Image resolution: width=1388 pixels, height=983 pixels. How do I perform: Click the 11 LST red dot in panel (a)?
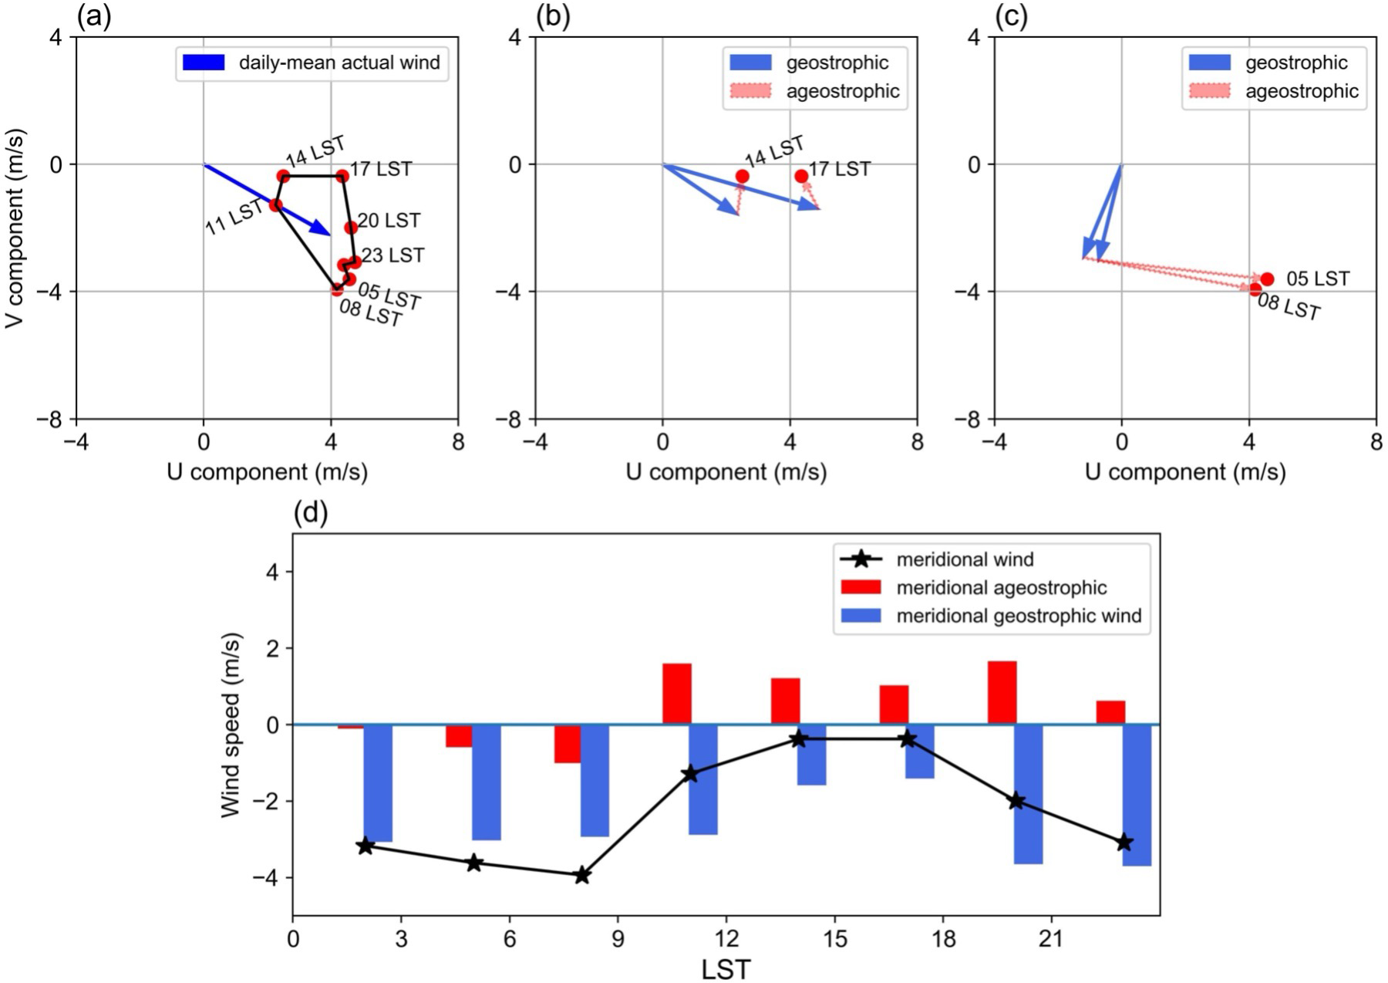pyautogui.click(x=275, y=205)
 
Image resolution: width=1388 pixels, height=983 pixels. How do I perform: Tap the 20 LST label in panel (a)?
pyautogui.click(x=389, y=221)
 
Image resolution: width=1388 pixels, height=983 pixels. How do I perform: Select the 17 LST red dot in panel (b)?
pyautogui.click(x=801, y=176)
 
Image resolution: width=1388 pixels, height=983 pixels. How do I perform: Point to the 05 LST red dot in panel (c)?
pyautogui.click(x=1267, y=279)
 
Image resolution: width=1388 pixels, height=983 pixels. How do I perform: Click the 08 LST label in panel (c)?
pyautogui.click(x=1289, y=307)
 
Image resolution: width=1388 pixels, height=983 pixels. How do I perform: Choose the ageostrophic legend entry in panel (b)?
pyautogui.click(x=814, y=91)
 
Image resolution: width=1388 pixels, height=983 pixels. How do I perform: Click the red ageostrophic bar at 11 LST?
pyautogui.click(x=677, y=694)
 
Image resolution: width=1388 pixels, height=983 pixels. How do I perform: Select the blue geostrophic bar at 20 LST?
pyautogui.click(x=1029, y=793)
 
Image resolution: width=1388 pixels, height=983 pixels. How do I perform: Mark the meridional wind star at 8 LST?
pyautogui.click(x=582, y=875)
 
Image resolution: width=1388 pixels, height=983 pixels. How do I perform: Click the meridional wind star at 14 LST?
pyautogui.click(x=799, y=739)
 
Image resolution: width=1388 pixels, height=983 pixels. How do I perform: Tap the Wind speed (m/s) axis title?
pyautogui.click(x=231, y=725)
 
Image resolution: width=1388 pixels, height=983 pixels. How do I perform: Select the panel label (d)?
pyautogui.click(x=311, y=512)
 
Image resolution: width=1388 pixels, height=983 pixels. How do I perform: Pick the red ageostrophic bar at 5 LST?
pyautogui.click(x=460, y=736)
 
